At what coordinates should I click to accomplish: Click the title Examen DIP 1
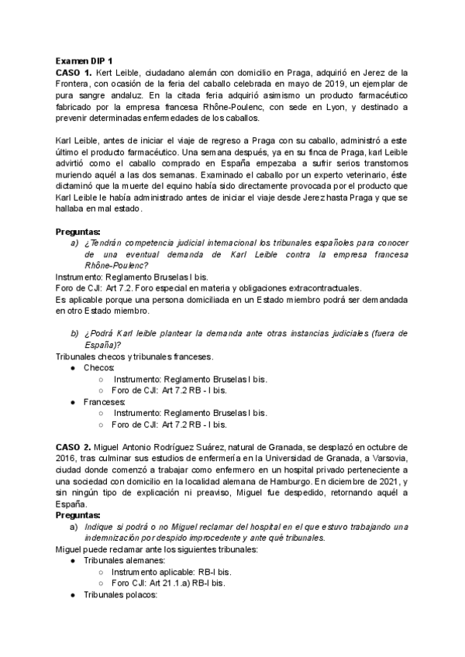pos(84,60)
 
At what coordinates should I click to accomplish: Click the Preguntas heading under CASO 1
pos(77,231)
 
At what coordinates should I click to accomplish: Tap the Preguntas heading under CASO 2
pos(77,515)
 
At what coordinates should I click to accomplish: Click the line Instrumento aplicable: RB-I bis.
pos(170,572)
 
